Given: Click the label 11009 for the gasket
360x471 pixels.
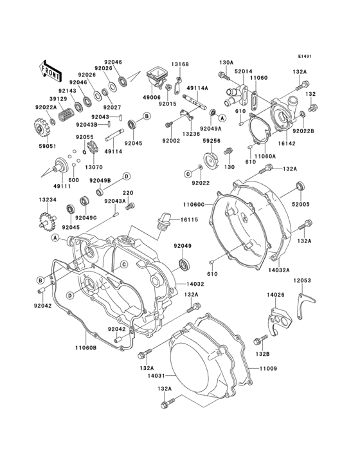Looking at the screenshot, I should tap(267, 369).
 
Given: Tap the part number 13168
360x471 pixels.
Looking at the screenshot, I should tap(179, 65).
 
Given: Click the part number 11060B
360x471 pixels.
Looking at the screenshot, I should tap(84, 348).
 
